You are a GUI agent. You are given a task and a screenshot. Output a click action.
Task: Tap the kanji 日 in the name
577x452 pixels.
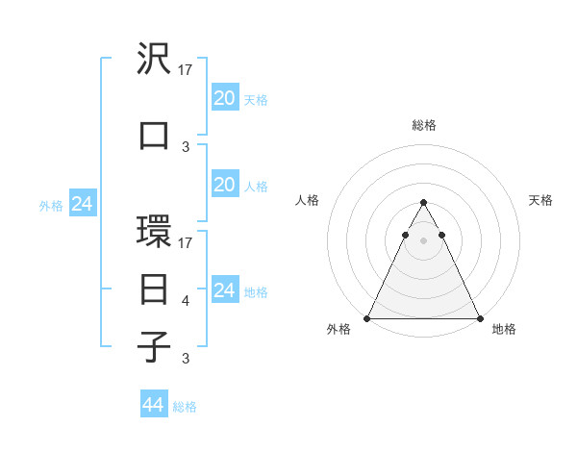click(155, 289)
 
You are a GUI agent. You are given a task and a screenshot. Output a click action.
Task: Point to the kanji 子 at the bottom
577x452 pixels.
click(155, 346)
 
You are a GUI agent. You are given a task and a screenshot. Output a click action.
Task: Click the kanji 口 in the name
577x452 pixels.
click(155, 135)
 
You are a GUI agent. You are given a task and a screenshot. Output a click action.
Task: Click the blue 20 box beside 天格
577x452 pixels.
click(224, 97)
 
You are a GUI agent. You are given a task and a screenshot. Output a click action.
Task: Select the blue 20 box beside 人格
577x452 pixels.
click(224, 185)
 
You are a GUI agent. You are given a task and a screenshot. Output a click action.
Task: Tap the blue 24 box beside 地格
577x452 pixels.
click(224, 289)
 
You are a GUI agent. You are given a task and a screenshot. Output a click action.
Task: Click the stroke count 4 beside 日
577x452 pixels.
click(186, 302)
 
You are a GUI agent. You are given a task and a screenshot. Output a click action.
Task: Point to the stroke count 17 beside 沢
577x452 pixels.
click(187, 70)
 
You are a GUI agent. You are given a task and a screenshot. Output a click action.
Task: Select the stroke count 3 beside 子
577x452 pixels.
click(186, 359)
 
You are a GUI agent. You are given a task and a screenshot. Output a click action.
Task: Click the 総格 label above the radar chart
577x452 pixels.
click(424, 125)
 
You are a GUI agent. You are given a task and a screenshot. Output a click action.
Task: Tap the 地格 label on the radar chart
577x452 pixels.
click(504, 330)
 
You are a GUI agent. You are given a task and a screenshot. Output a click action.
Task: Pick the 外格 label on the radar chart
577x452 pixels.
click(339, 330)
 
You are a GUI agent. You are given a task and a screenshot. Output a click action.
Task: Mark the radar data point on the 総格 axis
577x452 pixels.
click(424, 202)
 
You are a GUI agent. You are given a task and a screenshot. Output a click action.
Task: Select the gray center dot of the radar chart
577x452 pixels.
click(424, 240)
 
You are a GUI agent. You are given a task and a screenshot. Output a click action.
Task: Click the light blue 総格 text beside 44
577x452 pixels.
click(185, 407)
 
